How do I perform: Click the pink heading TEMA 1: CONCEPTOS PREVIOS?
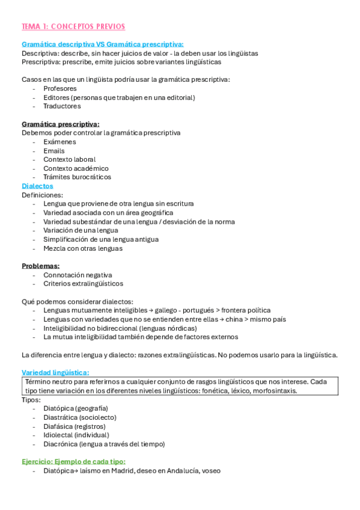pyautogui.click(x=73, y=26)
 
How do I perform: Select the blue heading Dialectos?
pyautogui.click(x=37, y=186)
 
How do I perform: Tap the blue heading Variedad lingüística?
pyautogui.click(x=55, y=372)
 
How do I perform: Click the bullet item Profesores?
pyautogui.click(x=60, y=88)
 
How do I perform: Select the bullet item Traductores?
pyautogui.click(x=62, y=106)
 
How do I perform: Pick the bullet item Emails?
pyautogui.click(x=54, y=150)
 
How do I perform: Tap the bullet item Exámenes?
pyautogui.click(x=59, y=141)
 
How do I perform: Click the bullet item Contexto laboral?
pyautogui.click(x=69, y=159)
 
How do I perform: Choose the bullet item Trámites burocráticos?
pyautogui.click(x=77, y=177)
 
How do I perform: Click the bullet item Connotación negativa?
pyautogui.click(x=78, y=275)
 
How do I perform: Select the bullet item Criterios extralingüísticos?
pyautogui.click(x=83, y=283)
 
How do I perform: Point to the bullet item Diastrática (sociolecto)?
pyautogui.click(x=80, y=417)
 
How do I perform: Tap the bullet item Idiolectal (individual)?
pyautogui.click(x=76, y=435)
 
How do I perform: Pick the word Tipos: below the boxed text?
pyautogui.click(x=31, y=399)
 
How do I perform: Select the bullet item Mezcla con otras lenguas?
pyautogui.click(x=83, y=248)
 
